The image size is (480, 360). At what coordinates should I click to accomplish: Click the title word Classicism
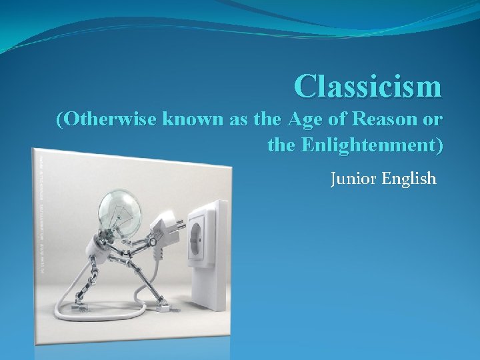[369, 86]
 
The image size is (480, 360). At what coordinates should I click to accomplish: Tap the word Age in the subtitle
[303, 121]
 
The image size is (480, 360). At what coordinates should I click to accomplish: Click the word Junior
[354, 179]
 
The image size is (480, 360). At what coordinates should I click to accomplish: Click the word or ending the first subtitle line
[432, 121]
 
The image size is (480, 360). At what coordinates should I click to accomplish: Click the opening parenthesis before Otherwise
[61, 121]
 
